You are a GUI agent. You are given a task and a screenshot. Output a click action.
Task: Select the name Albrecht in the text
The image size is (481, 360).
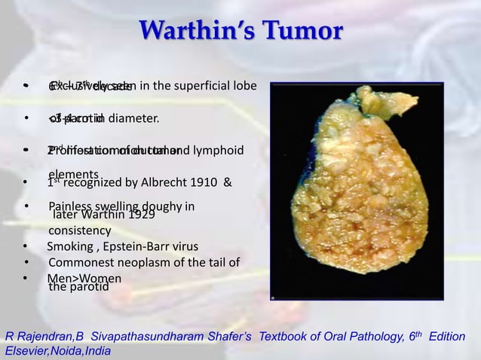coord(158,182)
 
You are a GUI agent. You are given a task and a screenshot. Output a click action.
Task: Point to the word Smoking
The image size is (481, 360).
coord(69,246)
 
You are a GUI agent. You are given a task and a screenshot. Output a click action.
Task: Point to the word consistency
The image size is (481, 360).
coord(80,230)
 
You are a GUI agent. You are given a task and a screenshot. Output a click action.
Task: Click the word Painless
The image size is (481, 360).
coord(69,207)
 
